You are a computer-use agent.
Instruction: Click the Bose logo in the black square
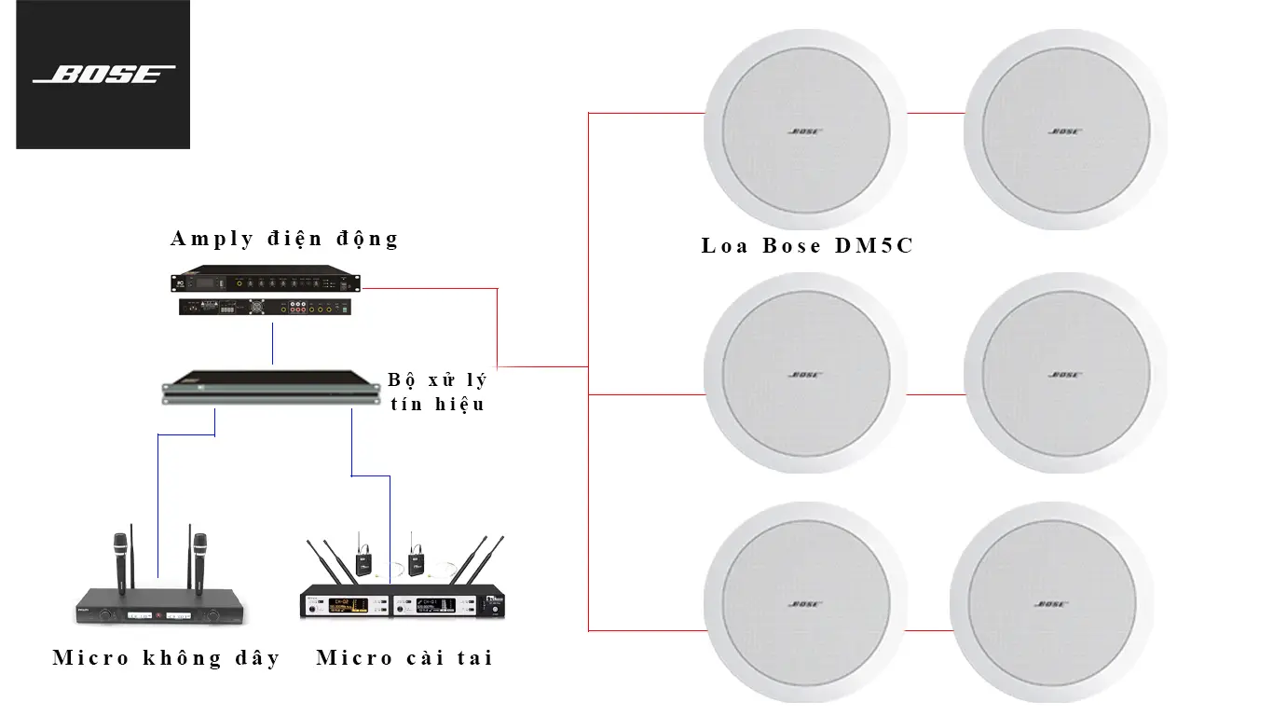[103, 75]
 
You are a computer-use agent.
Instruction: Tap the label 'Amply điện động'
[284, 239]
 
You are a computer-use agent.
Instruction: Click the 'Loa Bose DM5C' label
[807, 246]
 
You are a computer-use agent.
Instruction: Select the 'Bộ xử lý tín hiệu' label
[437, 392]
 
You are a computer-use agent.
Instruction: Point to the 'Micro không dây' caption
[166, 658]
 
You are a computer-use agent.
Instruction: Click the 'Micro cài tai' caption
[404, 658]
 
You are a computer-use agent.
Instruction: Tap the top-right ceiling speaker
[1065, 131]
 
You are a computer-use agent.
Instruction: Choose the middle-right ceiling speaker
[1065, 374]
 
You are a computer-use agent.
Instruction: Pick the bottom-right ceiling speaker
[1065, 604]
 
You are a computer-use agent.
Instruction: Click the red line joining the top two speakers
[935, 114]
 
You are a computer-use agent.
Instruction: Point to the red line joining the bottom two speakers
[935, 631]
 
